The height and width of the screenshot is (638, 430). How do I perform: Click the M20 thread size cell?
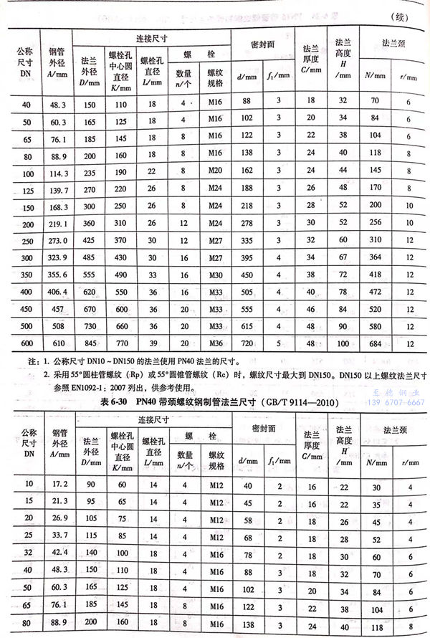(216, 172)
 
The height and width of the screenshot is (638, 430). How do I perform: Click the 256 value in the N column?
(372, 224)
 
